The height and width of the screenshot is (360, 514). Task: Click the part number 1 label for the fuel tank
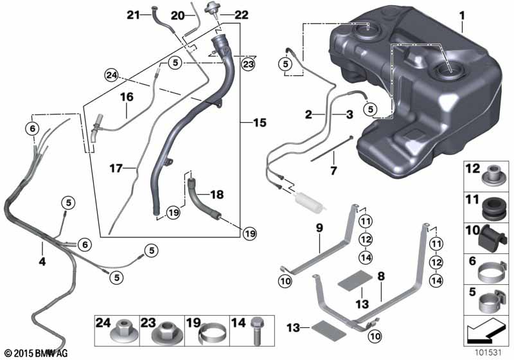(462, 15)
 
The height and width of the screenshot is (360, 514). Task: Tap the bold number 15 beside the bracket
(260, 123)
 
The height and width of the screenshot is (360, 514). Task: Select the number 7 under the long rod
(333, 170)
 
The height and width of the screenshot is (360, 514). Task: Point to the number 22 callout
(242, 15)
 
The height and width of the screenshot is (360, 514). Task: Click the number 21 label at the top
(134, 14)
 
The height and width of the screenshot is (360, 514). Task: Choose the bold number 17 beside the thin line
(116, 168)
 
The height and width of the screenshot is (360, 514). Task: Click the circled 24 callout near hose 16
(111, 76)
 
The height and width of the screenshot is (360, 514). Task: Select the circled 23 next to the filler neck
(248, 64)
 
